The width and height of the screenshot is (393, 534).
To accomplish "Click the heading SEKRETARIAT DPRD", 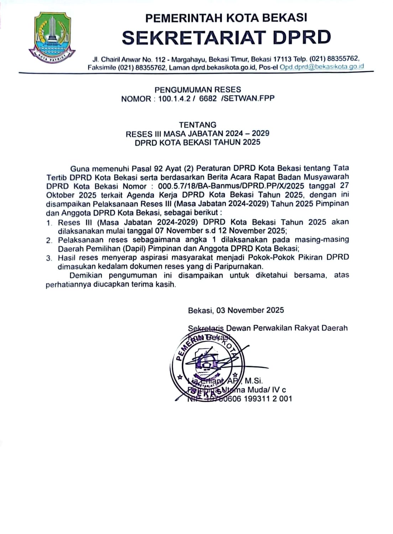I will click(226, 37).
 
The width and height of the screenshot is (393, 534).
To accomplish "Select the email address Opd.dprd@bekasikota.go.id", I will click(322, 67).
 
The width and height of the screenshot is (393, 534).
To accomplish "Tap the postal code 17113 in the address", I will click(282, 59).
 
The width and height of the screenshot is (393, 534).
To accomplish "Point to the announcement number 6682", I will click(208, 99).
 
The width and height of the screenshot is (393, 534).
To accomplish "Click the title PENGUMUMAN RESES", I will click(198, 90).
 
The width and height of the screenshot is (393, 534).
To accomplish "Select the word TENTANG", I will click(198, 125).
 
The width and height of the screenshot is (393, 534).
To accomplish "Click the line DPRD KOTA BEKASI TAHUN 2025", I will click(198, 142).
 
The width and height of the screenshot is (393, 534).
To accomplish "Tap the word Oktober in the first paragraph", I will click(60, 195).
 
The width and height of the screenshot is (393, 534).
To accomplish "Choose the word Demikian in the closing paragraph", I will click(86, 275).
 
